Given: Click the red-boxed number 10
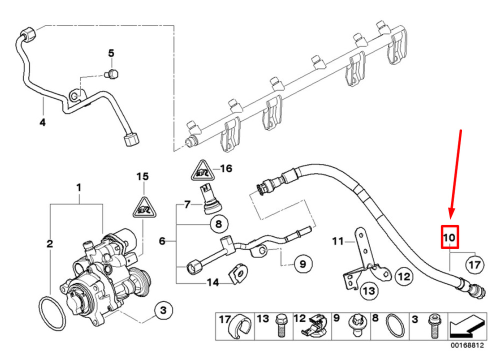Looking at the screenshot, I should (449, 236).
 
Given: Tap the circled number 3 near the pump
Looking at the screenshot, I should (162, 311).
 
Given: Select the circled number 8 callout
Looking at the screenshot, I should (218, 224).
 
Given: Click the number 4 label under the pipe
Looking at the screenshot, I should (42, 122).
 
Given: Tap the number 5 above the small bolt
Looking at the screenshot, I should (111, 53).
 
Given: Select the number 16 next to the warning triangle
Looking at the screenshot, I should (226, 168).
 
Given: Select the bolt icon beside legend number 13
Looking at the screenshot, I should (280, 326).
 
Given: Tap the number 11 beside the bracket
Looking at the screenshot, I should (338, 242).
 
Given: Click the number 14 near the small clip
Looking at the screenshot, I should (213, 283).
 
